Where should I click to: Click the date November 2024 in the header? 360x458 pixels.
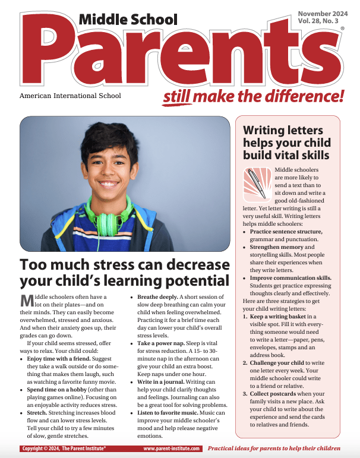(323, 13)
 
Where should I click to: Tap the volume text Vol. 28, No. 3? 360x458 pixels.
(322, 21)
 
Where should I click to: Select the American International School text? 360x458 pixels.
(70, 95)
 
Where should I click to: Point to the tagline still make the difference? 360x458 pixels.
(253, 95)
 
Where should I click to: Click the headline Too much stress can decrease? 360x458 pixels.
(124, 264)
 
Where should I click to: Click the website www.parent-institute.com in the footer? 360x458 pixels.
(171, 448)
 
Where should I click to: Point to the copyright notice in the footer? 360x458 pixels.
(64, 448)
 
